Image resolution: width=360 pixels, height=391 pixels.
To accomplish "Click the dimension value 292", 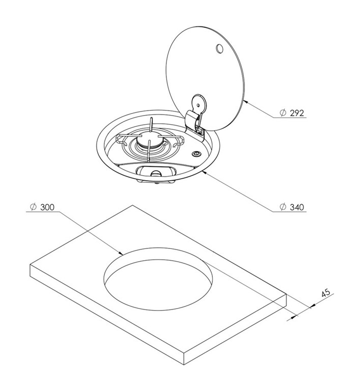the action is [297, 113].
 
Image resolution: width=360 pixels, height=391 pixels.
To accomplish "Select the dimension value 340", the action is [297, 207].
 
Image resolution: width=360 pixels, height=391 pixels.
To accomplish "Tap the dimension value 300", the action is [47, 207].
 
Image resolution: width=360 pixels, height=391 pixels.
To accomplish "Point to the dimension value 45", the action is [325, 293].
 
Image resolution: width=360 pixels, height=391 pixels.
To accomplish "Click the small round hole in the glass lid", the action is [219, 49].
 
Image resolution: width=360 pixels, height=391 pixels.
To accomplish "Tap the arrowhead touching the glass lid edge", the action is [245, 101].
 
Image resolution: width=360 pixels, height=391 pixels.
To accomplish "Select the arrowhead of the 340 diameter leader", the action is [205, 172].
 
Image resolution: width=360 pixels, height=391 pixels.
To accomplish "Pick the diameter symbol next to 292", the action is [283, 113].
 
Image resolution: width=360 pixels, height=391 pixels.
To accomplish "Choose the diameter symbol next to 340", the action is [283, 207].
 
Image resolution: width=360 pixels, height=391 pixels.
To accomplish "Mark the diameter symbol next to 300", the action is [33, 207].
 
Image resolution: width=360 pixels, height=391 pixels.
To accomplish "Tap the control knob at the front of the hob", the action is [156, 173].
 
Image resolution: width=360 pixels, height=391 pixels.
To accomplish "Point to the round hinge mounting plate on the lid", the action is [199, 103].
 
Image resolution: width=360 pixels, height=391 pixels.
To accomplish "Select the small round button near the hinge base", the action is [196, 154].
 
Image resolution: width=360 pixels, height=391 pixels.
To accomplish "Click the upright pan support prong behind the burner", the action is [151, 126].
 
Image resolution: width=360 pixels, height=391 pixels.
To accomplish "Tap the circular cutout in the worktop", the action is [158, 279].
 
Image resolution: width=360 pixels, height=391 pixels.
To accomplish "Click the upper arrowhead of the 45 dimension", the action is [313, 305].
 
